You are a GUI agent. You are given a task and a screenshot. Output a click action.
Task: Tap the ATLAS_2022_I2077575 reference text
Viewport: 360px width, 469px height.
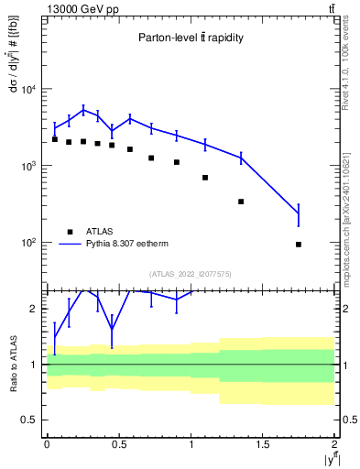(x=191, y=273)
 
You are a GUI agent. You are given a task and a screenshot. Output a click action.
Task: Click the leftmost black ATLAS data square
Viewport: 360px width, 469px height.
(x=55, y=139)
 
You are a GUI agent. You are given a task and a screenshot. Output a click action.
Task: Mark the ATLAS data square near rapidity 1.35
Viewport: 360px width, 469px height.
(x=241, y=202)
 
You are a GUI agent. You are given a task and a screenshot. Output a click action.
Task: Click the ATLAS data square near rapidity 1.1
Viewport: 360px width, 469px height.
(x=205, y=178)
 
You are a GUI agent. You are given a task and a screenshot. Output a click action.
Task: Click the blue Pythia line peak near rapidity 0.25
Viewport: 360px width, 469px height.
(x=83, y=110)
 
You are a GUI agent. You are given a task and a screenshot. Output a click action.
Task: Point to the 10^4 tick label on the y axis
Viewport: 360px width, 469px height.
(x=29, y=89)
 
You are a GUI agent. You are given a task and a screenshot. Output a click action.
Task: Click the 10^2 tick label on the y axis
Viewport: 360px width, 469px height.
(x=29, y=243)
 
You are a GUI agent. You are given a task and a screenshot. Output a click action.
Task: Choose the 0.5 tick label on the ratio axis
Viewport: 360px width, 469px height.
(x=34, y=420)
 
